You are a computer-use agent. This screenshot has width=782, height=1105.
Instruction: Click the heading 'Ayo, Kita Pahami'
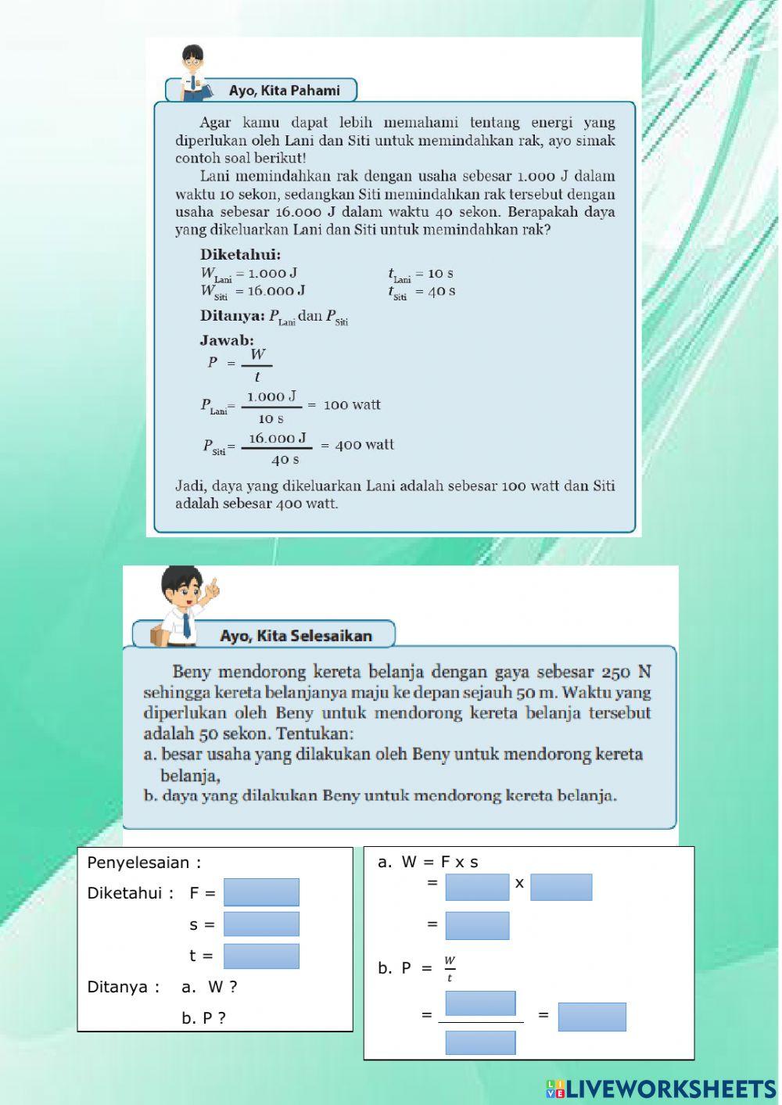pos(284,91)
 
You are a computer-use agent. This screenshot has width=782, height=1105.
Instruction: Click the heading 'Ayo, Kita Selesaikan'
pos(296,636)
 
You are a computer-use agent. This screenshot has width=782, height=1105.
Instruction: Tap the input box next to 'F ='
pos(261,892)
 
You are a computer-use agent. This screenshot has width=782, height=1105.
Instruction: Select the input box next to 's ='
pos(261,924)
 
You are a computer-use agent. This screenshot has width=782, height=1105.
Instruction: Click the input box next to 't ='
pos(261,956)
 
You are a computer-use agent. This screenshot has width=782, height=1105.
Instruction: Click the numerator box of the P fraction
pos(480,1003)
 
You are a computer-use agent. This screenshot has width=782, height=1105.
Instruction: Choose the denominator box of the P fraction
pos(480,1042)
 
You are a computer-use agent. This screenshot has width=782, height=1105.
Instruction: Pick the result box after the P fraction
pos(592,1017)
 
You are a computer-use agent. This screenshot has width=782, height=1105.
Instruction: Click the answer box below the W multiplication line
pos(477,926)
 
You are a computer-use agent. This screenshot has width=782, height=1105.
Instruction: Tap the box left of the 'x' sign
pos(477,888)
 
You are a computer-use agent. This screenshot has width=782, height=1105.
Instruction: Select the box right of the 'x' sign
pos(561,888)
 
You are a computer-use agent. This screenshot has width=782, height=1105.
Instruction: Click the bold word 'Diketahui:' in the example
pos(240,255)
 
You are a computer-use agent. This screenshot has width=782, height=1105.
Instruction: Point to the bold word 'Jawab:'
pos(227,341)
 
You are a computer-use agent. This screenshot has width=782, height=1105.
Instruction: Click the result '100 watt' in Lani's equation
pos(352,405)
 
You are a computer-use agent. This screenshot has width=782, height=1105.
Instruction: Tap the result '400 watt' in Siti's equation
pos(364,445)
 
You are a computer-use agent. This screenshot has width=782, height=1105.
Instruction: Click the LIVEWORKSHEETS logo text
pos(670,1089)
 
